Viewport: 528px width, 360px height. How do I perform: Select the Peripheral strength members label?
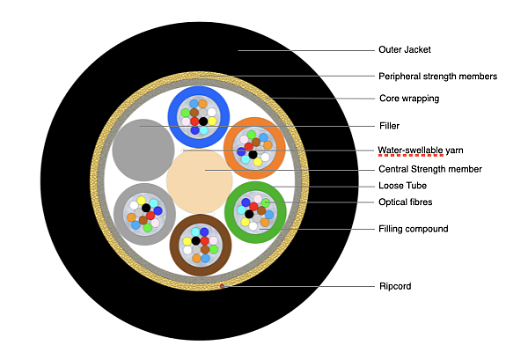pos(437,76)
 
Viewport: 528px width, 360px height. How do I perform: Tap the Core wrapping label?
pos(407,99)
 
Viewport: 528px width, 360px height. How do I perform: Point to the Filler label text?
pos(390,126)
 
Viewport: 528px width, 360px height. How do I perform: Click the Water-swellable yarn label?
pos(420,150)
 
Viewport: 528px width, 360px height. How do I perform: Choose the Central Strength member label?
pos(429,169)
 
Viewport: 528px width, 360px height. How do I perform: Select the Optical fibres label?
pos(405,202)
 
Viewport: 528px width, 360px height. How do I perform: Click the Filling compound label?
pos(413,229)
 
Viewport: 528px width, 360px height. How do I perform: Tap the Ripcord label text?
pos(395,286)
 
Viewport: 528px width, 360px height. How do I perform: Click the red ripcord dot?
pos(223,285)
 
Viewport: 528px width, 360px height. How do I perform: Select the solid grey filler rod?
pos(143,148)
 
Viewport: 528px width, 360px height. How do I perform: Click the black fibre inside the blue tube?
pos(203,121)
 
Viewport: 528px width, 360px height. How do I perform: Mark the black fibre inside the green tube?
pos(249,213)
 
